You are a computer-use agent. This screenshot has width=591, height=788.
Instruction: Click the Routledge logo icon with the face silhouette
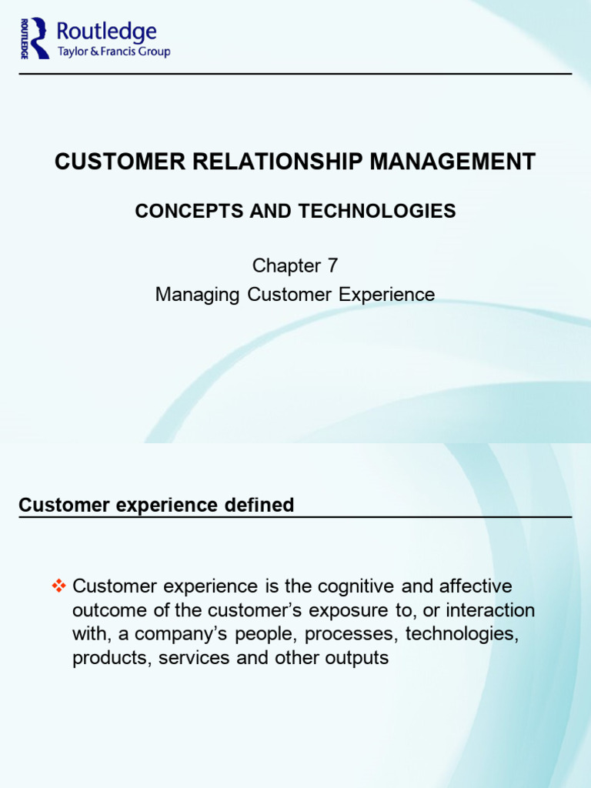point(35,38)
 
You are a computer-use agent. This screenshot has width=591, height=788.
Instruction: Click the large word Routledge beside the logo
point(106,32)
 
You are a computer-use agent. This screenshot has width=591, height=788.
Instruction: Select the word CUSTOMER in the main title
point(120,162)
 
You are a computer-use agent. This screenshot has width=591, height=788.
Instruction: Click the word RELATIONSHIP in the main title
point(277,162)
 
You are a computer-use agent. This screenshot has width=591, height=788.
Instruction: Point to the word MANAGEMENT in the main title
point(452,162)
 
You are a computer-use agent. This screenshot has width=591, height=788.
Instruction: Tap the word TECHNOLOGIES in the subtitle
point(377,211)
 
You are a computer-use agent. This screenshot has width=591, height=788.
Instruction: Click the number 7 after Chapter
point(332,265)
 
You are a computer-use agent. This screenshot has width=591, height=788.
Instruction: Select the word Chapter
point(286,266)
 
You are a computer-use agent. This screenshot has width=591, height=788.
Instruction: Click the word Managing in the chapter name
point(197,295)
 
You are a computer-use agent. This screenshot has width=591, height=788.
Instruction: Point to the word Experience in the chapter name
point(386,295)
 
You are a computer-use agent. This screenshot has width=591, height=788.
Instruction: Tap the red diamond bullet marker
point(58,586)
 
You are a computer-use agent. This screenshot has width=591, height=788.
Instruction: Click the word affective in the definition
point(476,586)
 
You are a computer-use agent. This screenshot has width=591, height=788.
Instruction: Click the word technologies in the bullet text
point(462,634)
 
